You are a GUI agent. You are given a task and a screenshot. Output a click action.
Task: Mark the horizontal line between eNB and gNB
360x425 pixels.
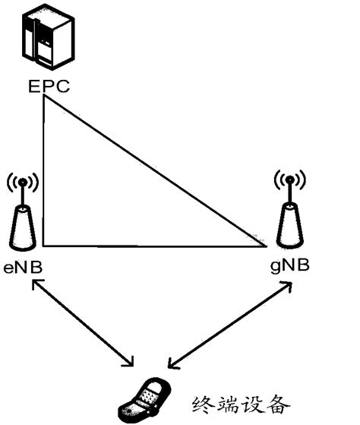pyautogui.click(x=152, y=246)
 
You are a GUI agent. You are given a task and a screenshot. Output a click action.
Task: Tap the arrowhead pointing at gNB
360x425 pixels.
pyautogui.click(x=290, y=284)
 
